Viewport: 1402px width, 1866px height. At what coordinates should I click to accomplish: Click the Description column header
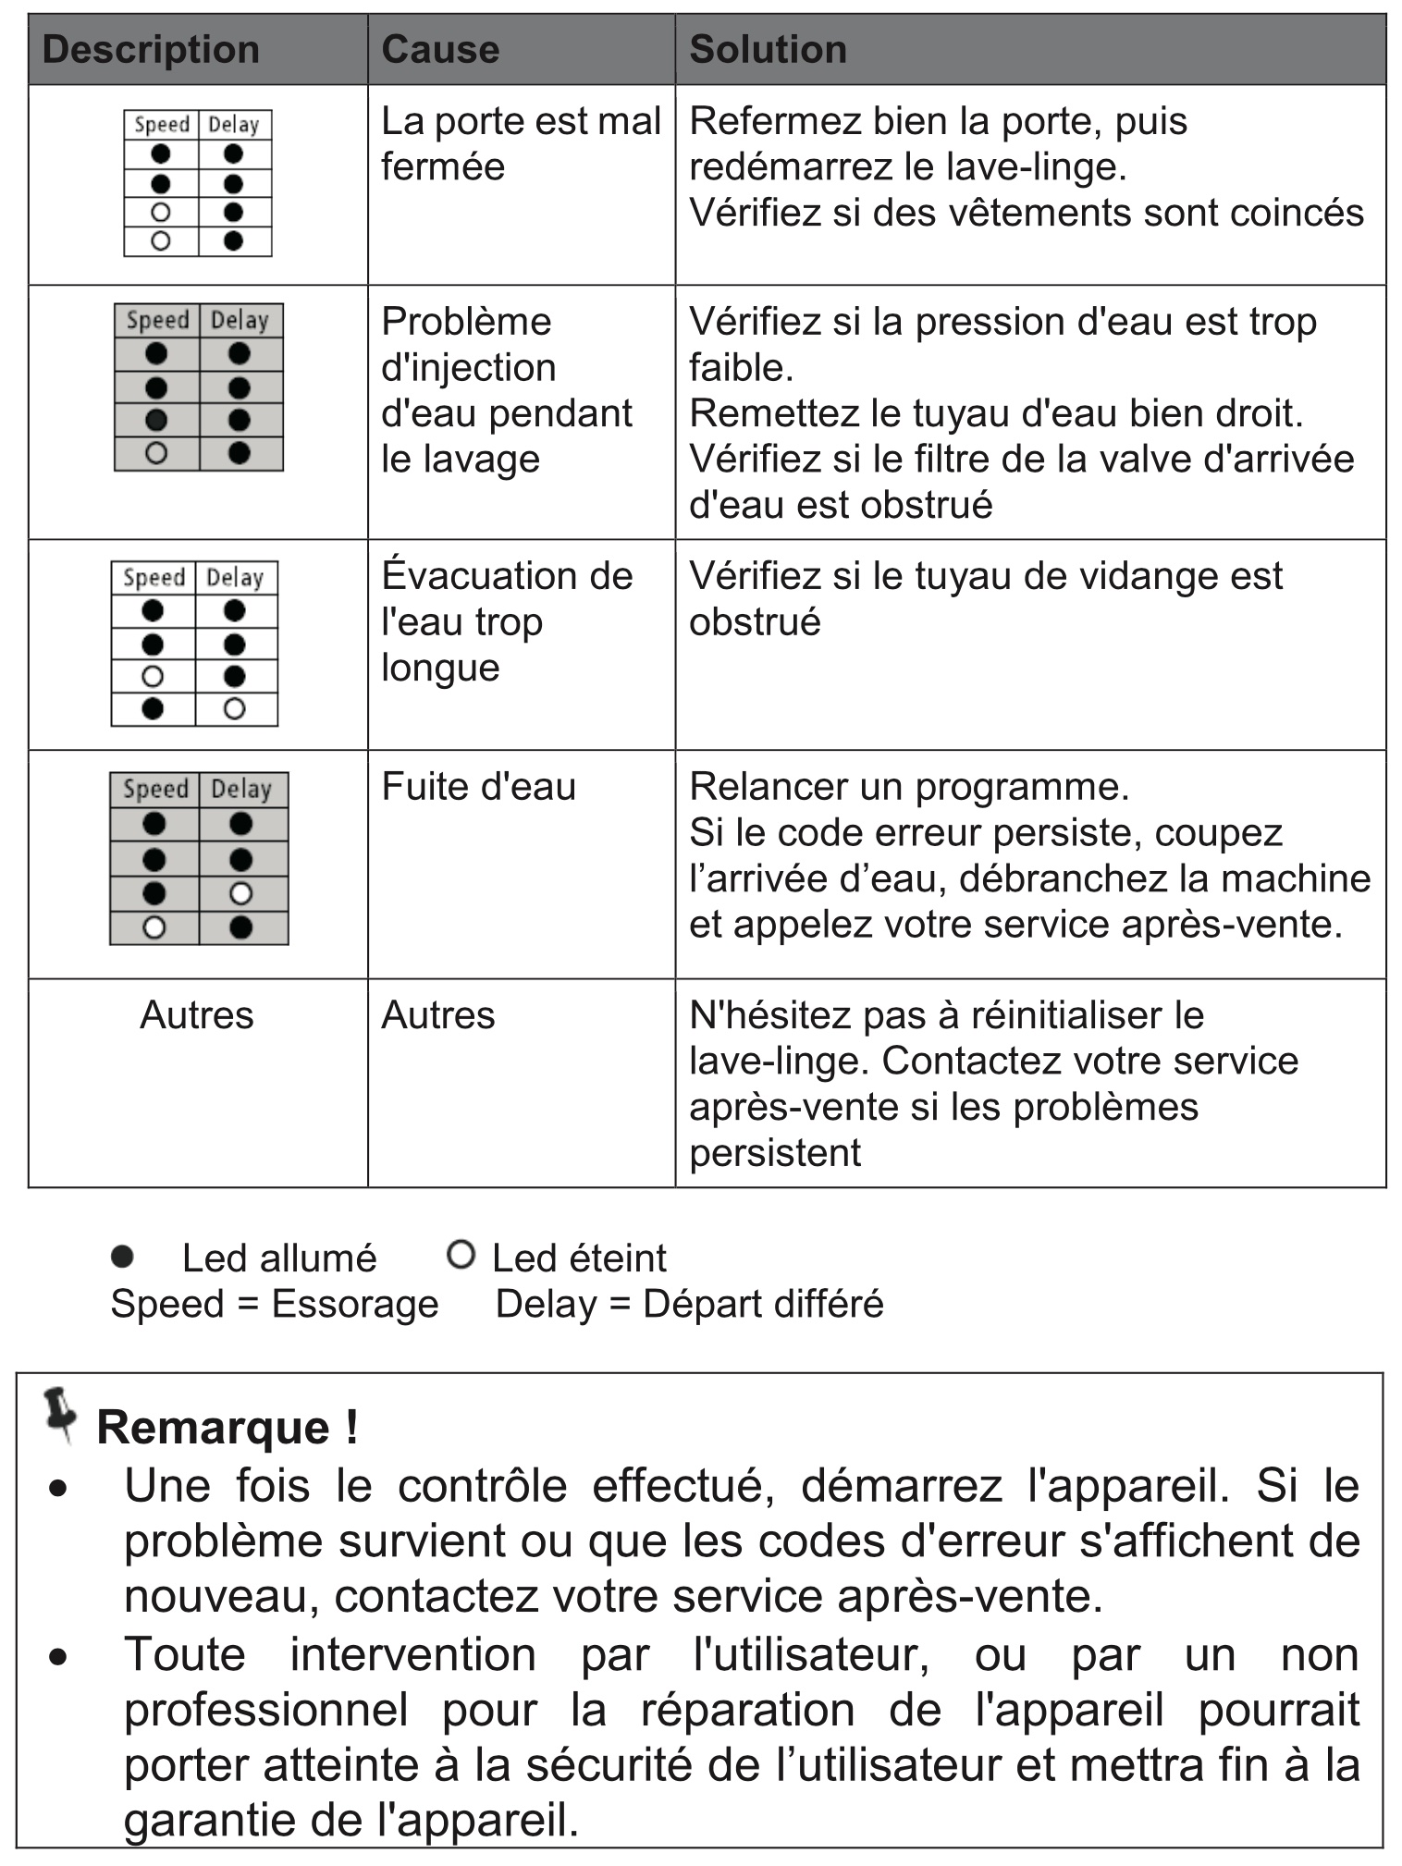(x=151, y=50)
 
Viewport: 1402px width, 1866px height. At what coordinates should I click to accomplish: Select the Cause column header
(x=440, y=50)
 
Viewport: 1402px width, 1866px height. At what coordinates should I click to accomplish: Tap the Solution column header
(x=768, y=50)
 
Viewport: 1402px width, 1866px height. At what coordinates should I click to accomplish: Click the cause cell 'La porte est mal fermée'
(x=520, y=144)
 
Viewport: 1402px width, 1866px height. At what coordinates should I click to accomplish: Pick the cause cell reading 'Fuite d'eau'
(x=478, y=787)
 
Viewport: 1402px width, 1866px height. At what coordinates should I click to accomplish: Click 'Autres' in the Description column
(x=196, y=1015)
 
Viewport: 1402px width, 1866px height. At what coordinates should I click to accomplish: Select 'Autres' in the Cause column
(x=437, y=1015)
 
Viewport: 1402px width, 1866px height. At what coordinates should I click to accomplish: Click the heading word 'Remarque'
(x=214, y=1427)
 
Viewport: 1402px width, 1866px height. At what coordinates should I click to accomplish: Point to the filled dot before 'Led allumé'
(x=122, y=1256)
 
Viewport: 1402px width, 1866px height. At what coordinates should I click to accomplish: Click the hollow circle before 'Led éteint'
(x=461, y=1255)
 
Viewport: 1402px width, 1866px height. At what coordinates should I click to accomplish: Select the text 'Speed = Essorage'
(x=274, y=1304)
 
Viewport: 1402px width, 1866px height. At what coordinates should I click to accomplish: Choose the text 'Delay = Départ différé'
(x=689, y=1304)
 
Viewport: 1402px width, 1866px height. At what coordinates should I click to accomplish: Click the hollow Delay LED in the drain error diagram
(x=235, y=709)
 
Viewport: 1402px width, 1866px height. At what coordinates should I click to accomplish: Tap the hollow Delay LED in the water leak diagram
(x=240, y=893)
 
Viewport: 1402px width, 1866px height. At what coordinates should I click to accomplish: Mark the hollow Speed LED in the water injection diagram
(x=156, y=453)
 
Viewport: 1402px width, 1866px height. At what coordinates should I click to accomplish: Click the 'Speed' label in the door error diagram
(x=162, y=125)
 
